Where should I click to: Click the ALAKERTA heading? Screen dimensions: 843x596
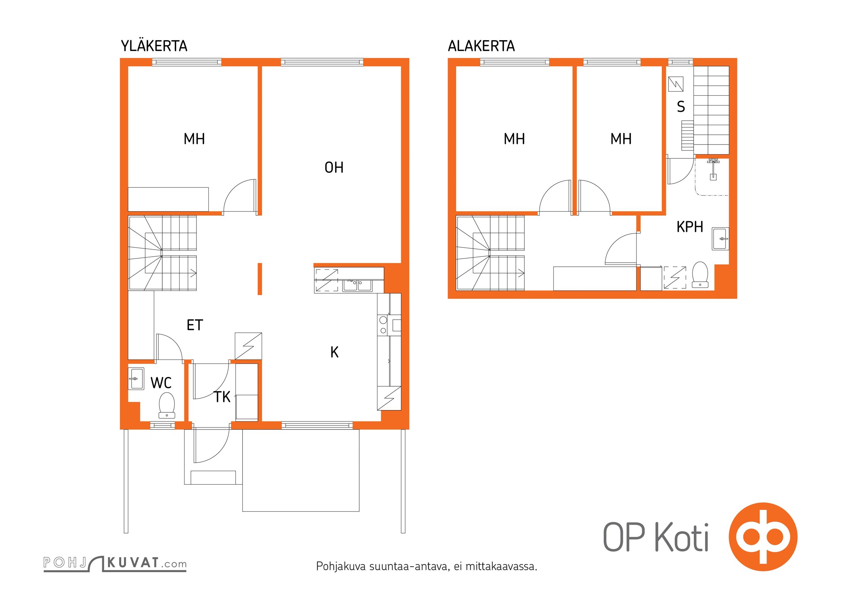(481, 46)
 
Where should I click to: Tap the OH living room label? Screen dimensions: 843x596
(334, 168)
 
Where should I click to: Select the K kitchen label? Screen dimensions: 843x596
(334, 352)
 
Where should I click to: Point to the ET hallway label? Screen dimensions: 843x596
(195, 325)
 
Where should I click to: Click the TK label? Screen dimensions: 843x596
(222, 397)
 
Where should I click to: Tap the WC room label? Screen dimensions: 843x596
(161, 383)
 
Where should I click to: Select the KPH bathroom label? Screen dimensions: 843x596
(690, 226)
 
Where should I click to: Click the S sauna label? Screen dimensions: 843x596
(681, 107)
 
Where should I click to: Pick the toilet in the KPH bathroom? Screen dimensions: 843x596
(700, 275)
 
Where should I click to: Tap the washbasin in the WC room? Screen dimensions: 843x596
(136, 378)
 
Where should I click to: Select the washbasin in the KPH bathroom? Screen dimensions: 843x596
(720, 238)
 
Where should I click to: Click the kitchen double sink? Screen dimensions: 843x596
(357, 285)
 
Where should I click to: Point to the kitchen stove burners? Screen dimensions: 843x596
(383, 325)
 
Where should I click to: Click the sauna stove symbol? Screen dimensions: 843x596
(676, 84)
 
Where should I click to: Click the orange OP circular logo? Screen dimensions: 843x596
(763, 537)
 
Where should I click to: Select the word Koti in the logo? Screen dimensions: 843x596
(682, 537)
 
